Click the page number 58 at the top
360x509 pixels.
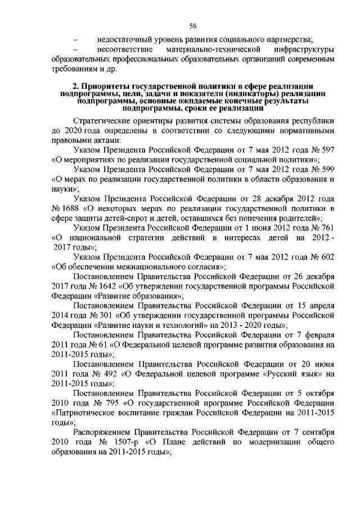pos(192,25)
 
